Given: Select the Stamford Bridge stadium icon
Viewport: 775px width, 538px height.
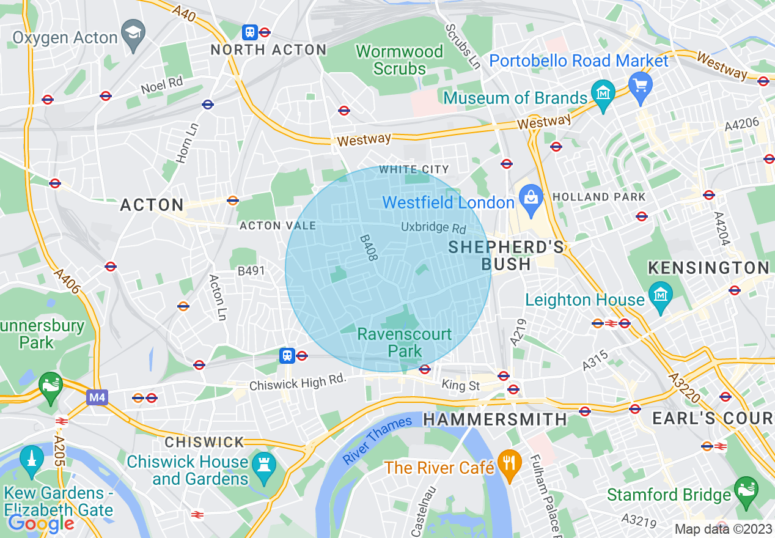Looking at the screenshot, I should [746, 489].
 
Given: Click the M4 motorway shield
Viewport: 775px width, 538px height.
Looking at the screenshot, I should [97, 398].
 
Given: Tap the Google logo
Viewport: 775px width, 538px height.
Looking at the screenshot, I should [41, 523].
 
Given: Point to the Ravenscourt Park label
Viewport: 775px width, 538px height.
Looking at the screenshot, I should [405, 342].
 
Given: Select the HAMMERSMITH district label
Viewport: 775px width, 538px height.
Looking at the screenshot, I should [495, 419].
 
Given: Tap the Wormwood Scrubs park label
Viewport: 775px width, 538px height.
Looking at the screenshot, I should [399, 60].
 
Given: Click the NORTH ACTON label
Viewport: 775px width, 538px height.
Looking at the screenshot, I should [268, 50].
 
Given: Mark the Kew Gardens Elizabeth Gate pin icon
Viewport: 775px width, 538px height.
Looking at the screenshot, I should [31, 460].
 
